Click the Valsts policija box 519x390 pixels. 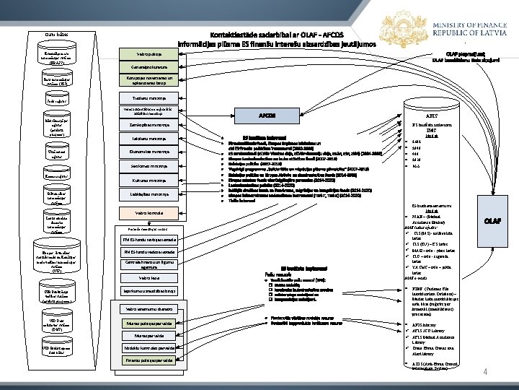click(148, 54)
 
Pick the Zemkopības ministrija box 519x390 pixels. click(148, 124)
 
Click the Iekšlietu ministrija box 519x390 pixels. click(148, 137)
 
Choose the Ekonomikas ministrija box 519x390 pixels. click(148, 152)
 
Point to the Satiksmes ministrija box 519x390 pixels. click(148, 166)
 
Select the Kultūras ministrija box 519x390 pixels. click(148, 180)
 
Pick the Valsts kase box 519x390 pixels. click(148, 277)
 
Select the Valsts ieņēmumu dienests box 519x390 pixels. click(148, 308)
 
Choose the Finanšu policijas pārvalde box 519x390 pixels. click(148, 360)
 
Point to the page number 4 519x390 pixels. click(485, 372)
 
